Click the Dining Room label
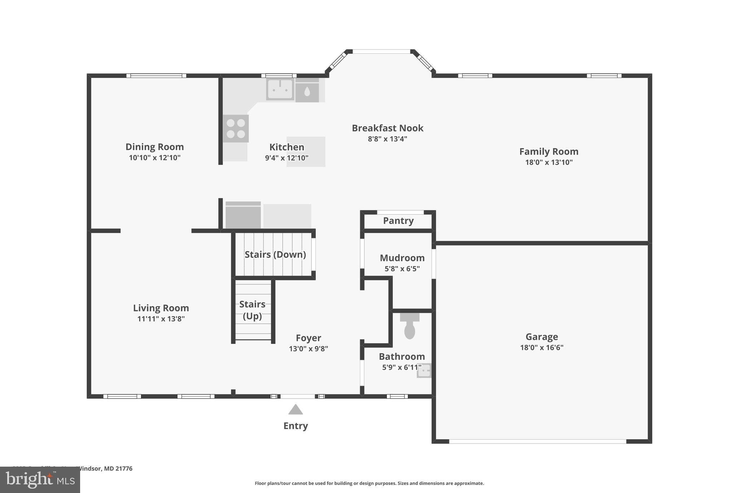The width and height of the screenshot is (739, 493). [154, 147]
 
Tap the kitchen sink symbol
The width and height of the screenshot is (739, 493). [280, 89]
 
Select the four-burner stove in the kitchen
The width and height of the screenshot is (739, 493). [236, 129]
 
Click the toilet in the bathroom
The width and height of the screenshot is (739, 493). [410, 327]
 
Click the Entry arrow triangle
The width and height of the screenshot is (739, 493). [296, 410]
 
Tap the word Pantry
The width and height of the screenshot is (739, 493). [398, 221]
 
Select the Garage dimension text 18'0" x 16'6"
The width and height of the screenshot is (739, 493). [542, 347]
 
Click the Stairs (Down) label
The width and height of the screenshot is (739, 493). [275, 255]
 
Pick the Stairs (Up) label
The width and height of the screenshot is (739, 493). [252, 310]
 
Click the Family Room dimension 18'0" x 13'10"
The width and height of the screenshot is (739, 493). [548, 162]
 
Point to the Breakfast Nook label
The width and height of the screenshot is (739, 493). [388, 128]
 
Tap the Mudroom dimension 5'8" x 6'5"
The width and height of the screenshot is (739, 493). [402, 269]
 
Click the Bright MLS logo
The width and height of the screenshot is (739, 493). [40, 480]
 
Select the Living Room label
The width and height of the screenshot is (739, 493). [161, 308]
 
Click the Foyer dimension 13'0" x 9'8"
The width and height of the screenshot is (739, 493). [308, 349]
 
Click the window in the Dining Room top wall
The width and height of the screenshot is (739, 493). [156, 76]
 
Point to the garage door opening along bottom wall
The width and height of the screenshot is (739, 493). [538, 441]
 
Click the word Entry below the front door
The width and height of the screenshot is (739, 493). [296, 426]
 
